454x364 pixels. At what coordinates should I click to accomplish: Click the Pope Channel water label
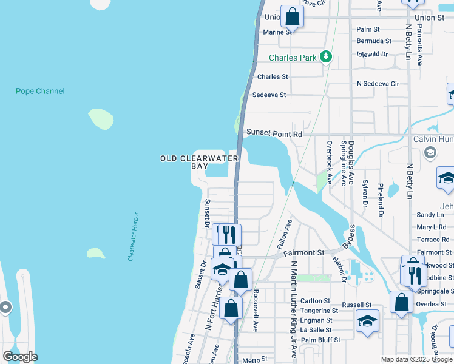(x=40, y=92)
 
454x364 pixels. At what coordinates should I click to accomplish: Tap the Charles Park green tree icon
(x=327, y=57)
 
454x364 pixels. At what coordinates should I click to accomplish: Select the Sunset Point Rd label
(x=274, y=133)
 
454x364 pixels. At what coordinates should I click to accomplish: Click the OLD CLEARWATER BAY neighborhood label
(x=198, y=162)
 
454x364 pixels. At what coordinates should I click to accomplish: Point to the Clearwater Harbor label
(x=134, y=237)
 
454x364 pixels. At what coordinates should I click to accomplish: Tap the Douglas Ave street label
(x=351, y=163)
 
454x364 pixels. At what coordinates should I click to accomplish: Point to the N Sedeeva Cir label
(x=378, y=84)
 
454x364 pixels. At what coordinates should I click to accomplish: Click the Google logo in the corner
(x=20, y=357)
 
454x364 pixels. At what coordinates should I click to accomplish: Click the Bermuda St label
(x=374, y=41)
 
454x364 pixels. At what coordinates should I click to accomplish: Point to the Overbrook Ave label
(x=330, y=163)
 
